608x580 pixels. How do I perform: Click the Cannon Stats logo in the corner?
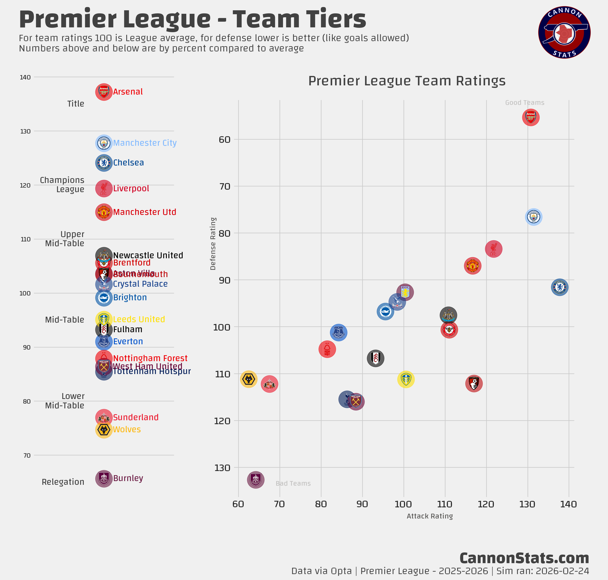564,32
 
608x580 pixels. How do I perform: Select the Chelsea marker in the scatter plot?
559,287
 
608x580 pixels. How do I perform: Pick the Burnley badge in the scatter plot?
255,480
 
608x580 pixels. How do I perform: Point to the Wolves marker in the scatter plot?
249,379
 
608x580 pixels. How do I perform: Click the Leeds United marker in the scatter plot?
406,379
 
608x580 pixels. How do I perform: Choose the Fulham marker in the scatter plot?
375,358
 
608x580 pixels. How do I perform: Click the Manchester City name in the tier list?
145,143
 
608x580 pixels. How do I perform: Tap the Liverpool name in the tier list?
131,188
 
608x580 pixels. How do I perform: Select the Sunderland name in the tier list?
136,417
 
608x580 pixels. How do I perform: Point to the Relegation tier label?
63,482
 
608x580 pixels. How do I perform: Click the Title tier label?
76,104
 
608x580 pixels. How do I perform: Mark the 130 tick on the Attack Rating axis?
527,504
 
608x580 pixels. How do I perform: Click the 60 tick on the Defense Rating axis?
225,140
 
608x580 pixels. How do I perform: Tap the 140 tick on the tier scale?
25,77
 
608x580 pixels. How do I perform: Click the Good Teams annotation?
525,103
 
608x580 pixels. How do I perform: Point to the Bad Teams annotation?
293,483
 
